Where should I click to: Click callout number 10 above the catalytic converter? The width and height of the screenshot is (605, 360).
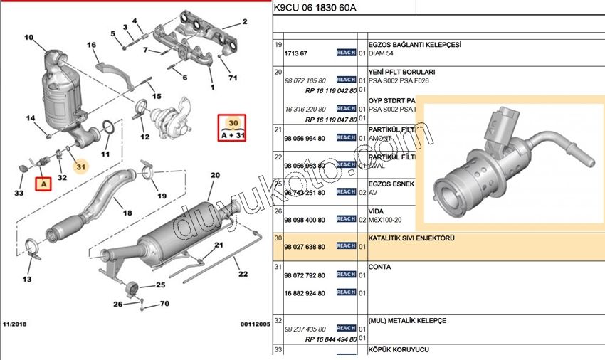[28, 37]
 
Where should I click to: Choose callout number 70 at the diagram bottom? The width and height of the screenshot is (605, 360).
[164, 304]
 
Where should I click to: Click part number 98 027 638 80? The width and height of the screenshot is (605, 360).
[304, 246]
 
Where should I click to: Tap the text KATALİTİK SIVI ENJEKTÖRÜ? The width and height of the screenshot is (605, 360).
[411, 238]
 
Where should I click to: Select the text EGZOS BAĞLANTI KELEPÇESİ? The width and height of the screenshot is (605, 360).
[414, 44]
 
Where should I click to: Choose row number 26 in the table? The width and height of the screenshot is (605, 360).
[278, 211]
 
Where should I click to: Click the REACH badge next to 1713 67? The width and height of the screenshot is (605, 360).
[346, 53]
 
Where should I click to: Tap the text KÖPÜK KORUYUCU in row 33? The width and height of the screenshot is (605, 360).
[398, 349]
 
